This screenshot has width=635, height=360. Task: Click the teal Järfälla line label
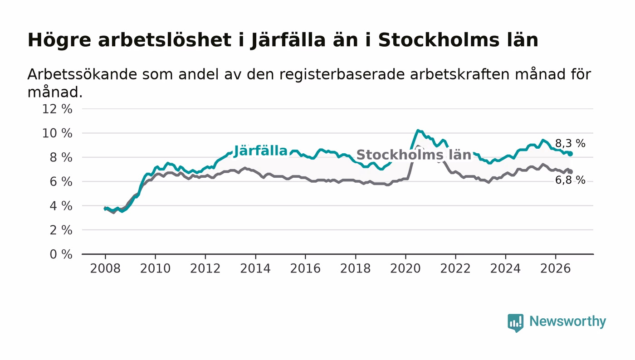pyautogui.click(x=260, y=151)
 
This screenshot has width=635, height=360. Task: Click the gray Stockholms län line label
pyautogui.click(x=414, y=155)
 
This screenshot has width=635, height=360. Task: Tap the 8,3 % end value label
pyautogui.click(x=570, y=143)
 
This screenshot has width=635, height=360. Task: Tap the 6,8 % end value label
pyautogui.click(x=570, y=180)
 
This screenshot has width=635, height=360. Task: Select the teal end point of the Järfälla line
pyautogui.click(x=571, y=154)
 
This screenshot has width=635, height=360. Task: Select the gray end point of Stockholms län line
pyautogui.click(x=571, y=172)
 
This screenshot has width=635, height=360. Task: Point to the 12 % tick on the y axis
pyautogui.click(x=57, y=109)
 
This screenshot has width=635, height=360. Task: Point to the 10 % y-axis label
pyautogui.click(x=57, y=133)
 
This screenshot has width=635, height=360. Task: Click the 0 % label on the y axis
pyautogui.click(x=61, y=254)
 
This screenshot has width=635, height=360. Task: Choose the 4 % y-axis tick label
pyautogui.click(x=61, y=206)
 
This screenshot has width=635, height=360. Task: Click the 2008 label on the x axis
pyautogui.click(x=105, y=268)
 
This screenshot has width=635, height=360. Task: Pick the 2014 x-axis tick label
pyautogui.click(x=255, y=268)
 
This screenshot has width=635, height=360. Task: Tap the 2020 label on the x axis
pyautogui.click(x=405, y=268)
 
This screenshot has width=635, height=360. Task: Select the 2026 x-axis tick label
pyautogui.click(x=555, y=268)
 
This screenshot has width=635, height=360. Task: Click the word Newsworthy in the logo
pyautogui.click(x=567, y=321)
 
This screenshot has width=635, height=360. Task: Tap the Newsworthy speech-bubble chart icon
pyautogui.click(x=515, y=322)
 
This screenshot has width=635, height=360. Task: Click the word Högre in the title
pyautogui.click(x=59, y=40)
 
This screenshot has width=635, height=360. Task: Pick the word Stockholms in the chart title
pyautogui.click(x=438, y=40)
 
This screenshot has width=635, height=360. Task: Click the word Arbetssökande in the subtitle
pyautogui.click(x=82, y=74)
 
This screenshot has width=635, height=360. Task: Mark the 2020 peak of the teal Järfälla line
pyautogui.click(x=418, y=131)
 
